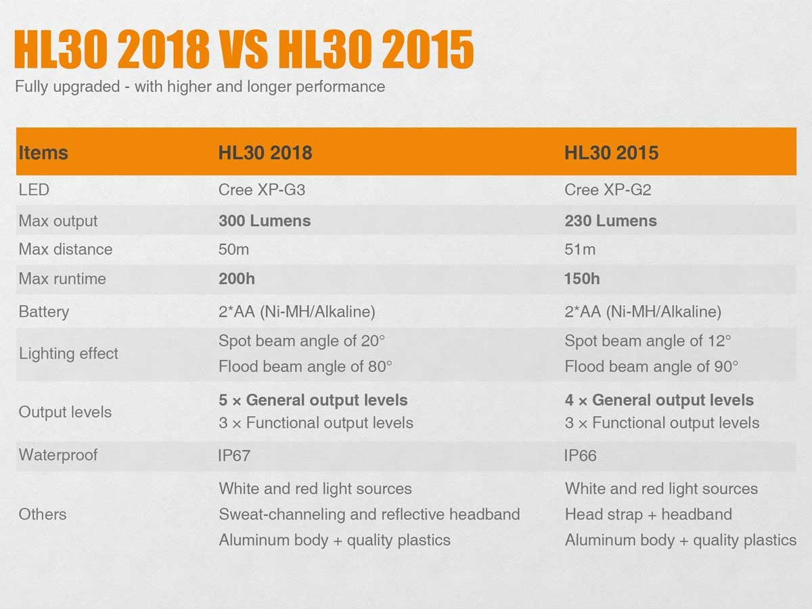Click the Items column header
43,153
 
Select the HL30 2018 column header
265,153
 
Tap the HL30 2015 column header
611,153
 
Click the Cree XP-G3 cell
261,190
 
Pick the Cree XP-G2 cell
608,190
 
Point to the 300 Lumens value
265,221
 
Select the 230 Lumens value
610,221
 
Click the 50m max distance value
233,250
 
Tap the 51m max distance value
580,250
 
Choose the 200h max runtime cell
236,279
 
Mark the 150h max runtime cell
582,279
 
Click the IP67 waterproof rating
234,456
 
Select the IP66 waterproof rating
581,456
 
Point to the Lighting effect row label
68,353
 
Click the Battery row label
44,312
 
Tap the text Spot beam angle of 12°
648,340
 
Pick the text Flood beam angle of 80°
305,367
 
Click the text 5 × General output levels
313,400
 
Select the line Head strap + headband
648,514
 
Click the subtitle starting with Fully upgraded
200,87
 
